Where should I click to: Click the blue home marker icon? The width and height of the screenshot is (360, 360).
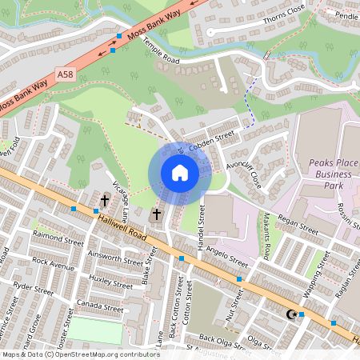coord(180,173)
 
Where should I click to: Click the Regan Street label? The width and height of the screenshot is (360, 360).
coord(298,223)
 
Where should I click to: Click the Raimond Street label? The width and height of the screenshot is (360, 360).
coord(58,237)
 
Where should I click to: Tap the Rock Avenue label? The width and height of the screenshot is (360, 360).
coord(53,262)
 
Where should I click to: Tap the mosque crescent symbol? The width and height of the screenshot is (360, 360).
coord(290,314)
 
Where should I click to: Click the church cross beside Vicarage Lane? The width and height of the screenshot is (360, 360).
coord(105,199)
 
